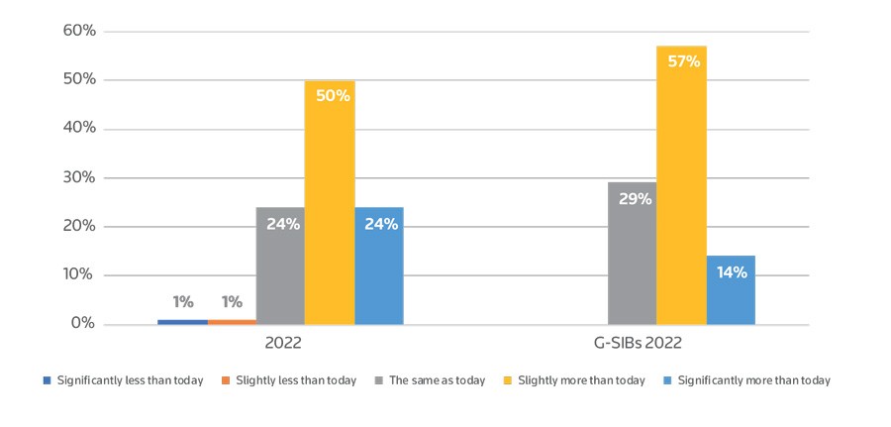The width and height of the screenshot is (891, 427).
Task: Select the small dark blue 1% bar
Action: point(182,322)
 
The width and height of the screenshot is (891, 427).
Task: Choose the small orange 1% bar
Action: point(232,322)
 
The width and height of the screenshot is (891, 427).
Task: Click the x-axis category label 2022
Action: point(282,345)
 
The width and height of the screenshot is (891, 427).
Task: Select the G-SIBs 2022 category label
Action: point(633,345)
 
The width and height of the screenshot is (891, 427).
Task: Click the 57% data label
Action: point(683,61)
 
